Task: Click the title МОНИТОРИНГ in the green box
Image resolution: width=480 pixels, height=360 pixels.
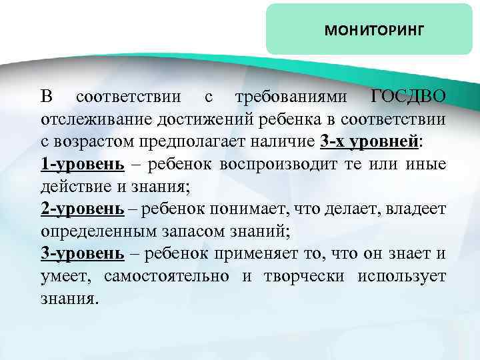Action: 373,30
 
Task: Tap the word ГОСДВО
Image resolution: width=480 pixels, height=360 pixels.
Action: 408,97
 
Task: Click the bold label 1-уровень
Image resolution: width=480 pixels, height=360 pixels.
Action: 83,165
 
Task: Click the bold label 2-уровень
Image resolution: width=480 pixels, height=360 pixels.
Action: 83,210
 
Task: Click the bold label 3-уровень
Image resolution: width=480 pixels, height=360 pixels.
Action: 83,255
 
